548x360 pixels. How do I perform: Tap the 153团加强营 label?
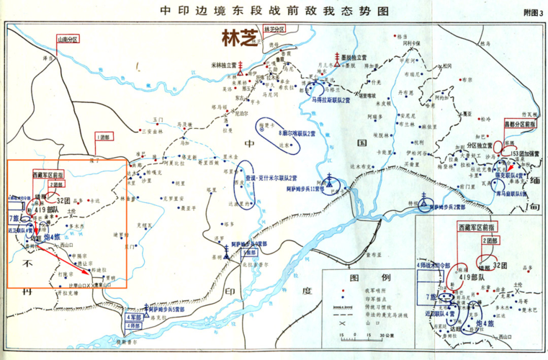(524, 154)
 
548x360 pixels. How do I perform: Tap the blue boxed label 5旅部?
(249, 253)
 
